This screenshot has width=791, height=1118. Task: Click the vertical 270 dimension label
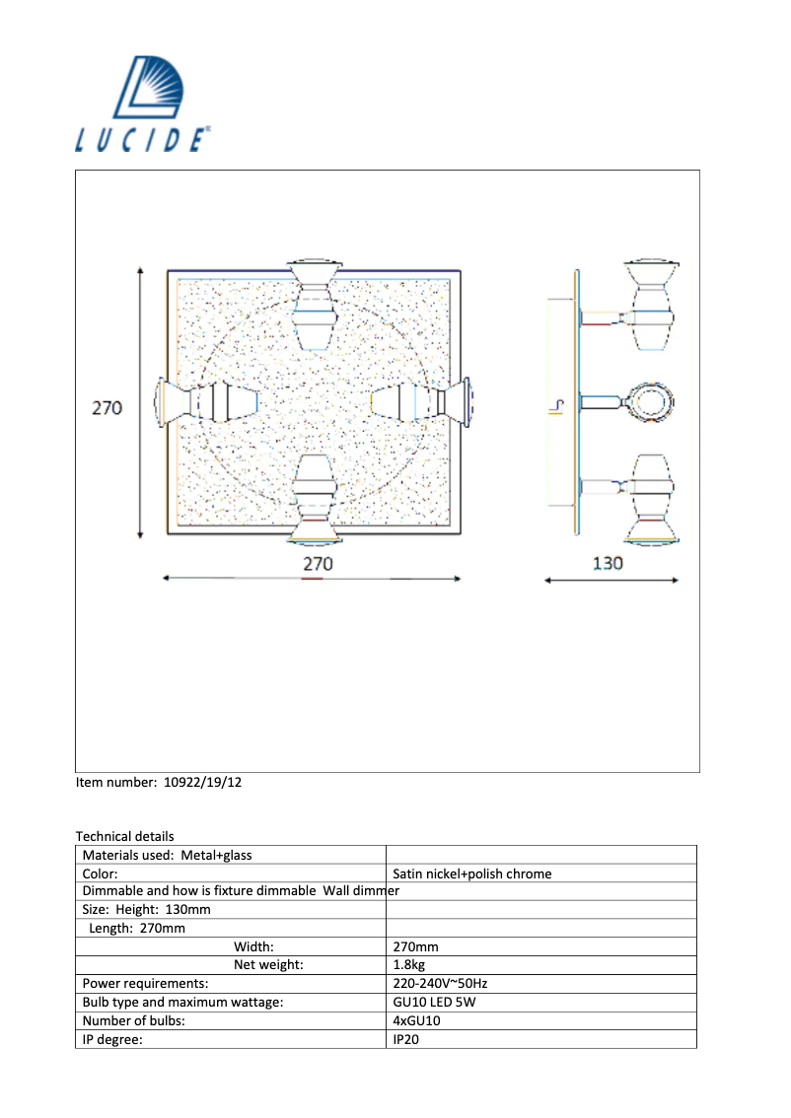(108, 407)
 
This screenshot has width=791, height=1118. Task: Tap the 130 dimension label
(608, 564)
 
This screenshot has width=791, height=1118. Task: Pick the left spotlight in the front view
(207, 402)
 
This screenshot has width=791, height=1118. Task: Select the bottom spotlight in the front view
(314, 501)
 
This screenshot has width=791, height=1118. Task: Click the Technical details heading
(124, 836)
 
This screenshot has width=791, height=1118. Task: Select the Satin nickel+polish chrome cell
(471, 873)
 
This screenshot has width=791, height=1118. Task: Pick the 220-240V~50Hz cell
(439, 984)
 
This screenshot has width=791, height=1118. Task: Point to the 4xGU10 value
(416, 1021)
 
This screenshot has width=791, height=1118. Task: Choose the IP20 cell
(405, 1039)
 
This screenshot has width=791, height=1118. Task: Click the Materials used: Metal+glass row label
(167, 855)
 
